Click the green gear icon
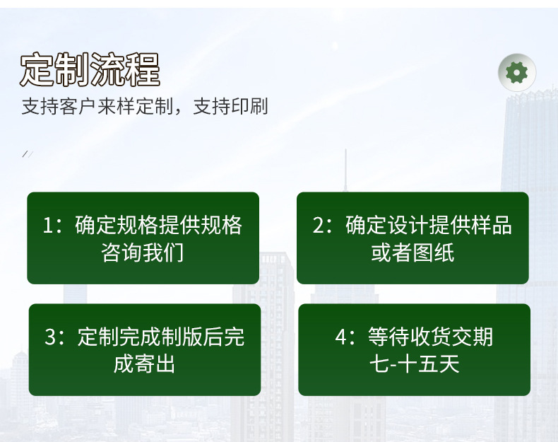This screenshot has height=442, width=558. [x=517, y=73]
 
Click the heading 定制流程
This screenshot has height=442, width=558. [x=90, y=69]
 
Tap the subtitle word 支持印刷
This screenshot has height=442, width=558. [x=230, y=106]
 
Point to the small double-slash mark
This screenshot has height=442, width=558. [x=28, y=154]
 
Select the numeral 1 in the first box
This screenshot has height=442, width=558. [x=47, y=226]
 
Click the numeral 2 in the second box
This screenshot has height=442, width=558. [x=318, y=226]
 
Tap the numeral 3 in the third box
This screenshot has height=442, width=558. [x=50, y=337]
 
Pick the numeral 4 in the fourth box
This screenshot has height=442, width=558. [x=340, y=337]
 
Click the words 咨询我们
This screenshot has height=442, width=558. [x=143, y=252]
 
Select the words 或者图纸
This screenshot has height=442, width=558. [x=412, y=252]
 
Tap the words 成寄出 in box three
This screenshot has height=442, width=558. [x=144, y=364]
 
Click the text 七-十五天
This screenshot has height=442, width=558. [x=414, y=364]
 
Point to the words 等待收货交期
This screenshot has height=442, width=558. [x=431, y=337]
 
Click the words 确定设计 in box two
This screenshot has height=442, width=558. [x=386, y=225]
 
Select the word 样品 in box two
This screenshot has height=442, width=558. [x=491, y=225]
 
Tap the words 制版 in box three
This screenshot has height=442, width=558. [x=182, y=337]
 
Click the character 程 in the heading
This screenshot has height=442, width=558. [x=143, y=69]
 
